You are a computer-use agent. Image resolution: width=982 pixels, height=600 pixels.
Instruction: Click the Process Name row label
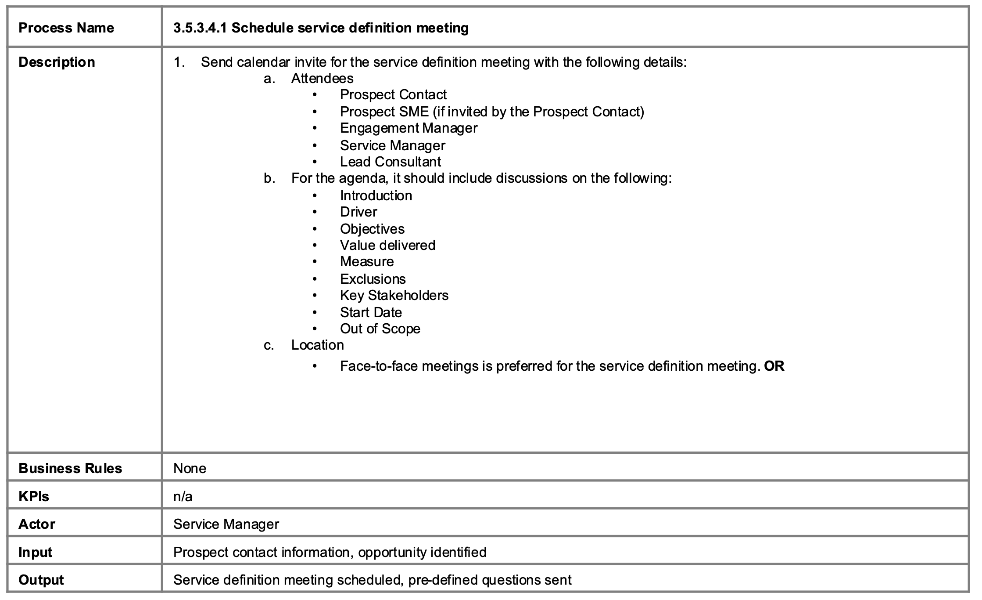point(66,28)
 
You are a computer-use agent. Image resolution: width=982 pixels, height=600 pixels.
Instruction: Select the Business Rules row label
point(70,468)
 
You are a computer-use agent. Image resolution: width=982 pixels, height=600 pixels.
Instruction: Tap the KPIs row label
point(34,496)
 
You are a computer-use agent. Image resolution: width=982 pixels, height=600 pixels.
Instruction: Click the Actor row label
point(37,524)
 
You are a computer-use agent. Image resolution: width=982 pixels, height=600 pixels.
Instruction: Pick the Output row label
point(41,580)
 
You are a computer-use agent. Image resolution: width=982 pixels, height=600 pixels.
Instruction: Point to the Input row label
point(35,552)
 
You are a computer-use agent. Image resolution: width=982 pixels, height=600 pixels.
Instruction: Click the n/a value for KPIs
point(183,496)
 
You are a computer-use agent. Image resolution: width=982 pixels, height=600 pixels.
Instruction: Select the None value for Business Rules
point(190,468)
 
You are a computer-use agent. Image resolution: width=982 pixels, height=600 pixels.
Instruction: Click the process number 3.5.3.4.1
point(200,28)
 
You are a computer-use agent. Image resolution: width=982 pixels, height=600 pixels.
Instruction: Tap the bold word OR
point(774,366)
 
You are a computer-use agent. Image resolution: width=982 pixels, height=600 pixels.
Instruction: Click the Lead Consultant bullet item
point(390,162)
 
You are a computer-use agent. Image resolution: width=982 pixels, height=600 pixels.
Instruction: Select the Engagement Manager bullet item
point(409,128)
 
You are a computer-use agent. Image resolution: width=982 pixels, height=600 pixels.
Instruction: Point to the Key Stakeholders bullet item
point(394,295)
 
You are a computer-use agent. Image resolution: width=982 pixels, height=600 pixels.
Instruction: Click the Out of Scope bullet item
point(380,329)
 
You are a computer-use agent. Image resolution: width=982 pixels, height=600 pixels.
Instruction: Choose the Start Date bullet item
point(371,312)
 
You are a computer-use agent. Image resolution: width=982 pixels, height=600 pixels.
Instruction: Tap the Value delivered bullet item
point(387,245)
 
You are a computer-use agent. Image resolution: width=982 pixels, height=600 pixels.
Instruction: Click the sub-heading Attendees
point(322,78)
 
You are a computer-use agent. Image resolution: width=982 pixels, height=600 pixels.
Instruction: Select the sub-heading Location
point(317,345)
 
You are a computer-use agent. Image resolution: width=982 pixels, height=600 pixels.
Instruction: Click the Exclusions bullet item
point(373,279)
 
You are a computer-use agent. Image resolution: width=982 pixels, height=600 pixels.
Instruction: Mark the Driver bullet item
point(358,212)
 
